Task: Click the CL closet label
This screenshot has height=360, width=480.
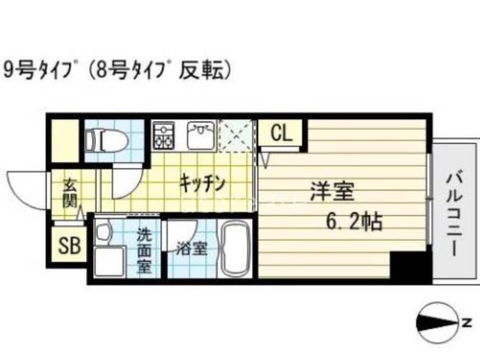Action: point(280,133)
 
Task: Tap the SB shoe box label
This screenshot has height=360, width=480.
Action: point(68,246)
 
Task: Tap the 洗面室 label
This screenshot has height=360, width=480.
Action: point(144,249)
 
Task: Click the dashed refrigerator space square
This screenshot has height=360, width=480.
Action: point(236,136)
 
